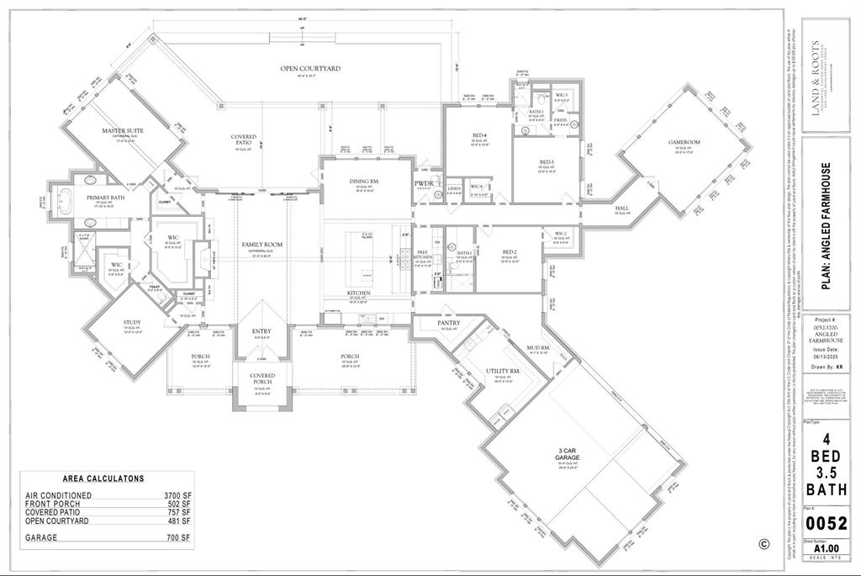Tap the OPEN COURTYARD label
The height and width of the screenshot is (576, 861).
click(x=310, y=68)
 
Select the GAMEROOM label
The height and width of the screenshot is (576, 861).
click(x=684, y=142)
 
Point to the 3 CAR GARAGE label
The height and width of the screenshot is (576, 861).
click(x=577, y=455)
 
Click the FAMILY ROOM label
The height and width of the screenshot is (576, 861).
click(x=261, y=244)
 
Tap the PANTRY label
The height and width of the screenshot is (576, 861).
click(x=447, y=323)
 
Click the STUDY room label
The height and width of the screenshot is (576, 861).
click(x=133, y=322)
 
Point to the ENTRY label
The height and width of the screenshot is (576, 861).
click(x=261, y=332)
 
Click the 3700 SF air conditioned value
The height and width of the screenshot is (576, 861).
click(x=177, y=496)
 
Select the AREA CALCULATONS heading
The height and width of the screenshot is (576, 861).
click(x=103, y=478)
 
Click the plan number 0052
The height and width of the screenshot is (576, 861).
click(x=826, y=523)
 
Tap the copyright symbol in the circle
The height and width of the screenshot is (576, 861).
click(x=763, y=544)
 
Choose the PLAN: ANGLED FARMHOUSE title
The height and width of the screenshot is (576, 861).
click(x=827, y=226)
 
